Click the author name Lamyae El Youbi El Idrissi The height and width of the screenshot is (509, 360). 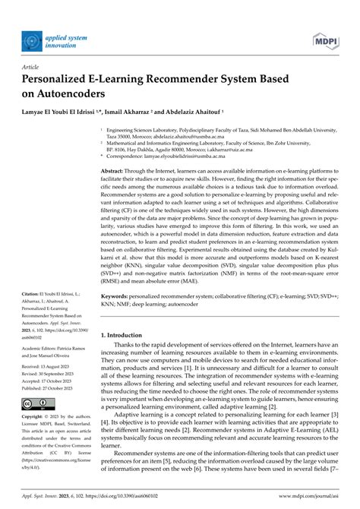click(x=69, y=112)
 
